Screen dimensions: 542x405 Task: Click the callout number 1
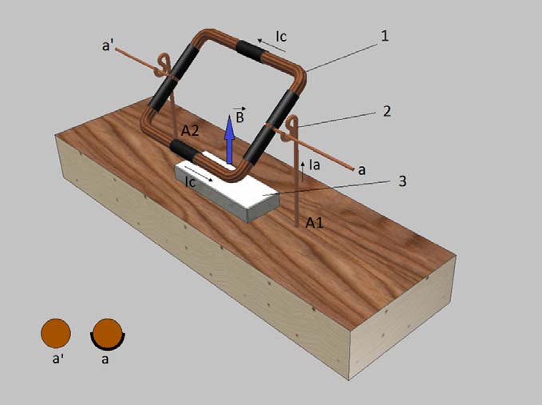[385, 36]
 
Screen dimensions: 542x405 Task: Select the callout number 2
[387, 111]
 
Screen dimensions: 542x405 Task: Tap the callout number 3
[402, 181]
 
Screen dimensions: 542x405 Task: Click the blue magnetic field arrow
[229, 139]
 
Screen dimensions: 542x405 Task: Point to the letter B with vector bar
[240, 116]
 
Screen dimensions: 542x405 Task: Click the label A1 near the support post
[315, 223]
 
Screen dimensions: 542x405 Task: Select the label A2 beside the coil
[190, 131]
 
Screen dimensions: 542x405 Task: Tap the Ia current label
[315, 165]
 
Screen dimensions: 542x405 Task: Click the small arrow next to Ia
[303, 171]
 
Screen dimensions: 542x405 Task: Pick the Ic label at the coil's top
[281, 36]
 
